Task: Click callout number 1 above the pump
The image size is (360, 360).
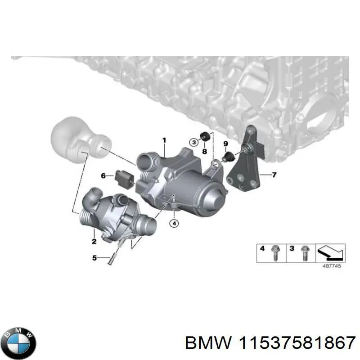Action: tap(164, 141)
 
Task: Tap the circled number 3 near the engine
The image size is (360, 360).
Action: tap(193, 143)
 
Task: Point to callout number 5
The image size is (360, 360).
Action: tap(94, 258)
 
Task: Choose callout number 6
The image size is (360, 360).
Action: tap(103, 175)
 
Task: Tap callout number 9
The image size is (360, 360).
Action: tap(225, 144)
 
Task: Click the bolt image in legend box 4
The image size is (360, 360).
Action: tap(274, 254)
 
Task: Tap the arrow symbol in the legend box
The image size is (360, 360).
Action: tap(332, 253)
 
